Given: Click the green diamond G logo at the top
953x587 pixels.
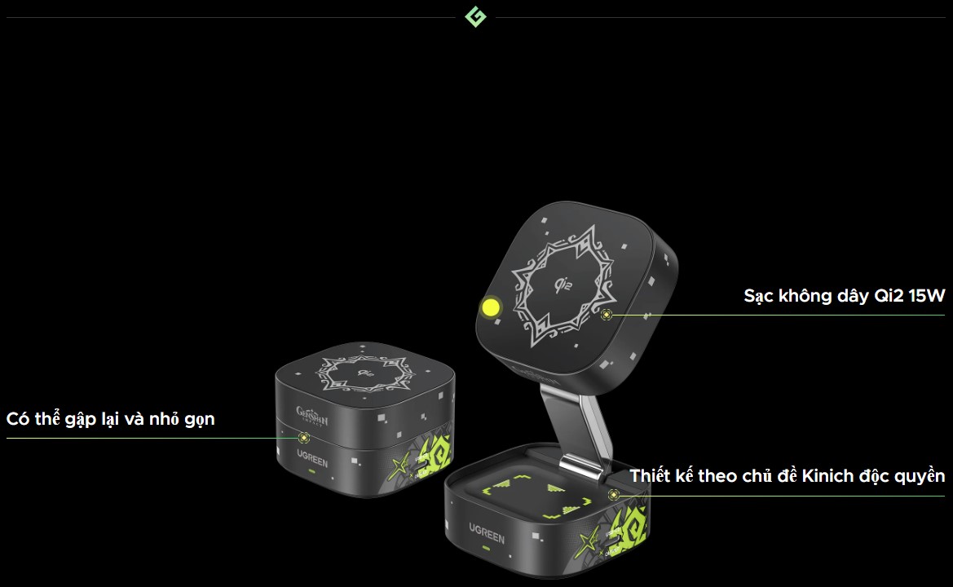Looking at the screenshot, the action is click(x=475, y=17).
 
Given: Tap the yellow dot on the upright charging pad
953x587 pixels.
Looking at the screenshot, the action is click(x=490, y=307).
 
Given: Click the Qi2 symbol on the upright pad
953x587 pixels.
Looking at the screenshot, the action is click(x=564, y=284).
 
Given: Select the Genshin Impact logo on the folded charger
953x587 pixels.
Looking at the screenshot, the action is click(x=311, y=417).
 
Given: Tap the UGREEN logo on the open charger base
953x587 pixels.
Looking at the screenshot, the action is click(x=486, y=533).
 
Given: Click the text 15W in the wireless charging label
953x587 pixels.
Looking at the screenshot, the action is click(x=927, y=296).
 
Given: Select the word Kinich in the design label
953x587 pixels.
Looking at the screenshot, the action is click(x=827, y=476).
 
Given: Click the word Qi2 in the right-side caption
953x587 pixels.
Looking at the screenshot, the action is click(x=889, y=296).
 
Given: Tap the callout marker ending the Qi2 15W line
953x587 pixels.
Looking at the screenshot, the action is click(x=606, y=315).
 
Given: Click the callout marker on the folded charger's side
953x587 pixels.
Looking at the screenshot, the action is click(x=304, y=438).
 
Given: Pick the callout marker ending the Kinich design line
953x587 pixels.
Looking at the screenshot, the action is click(x=614, y=495).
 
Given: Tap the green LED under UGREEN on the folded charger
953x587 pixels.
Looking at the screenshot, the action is click(x=311, y=471).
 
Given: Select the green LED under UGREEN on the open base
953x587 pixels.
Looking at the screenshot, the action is click(x=485, y=549).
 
